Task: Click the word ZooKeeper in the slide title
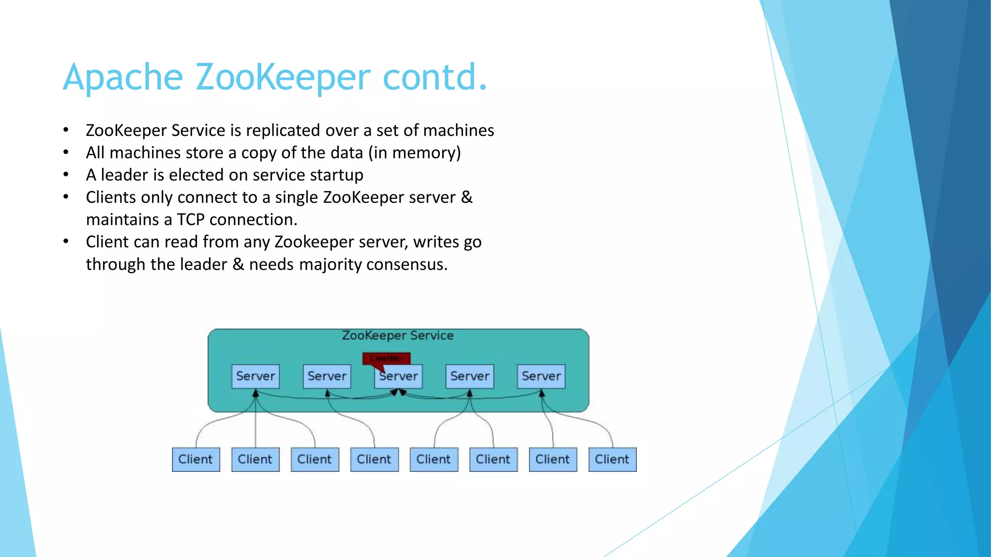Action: point(283,77)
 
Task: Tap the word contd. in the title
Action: point(435,77)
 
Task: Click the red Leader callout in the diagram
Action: point(386,358)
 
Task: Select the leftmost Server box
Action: point(255,376)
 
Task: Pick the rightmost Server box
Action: point(541,376)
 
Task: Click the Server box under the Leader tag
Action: point(399,377)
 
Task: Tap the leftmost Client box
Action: point(195,459)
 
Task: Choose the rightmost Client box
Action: point(612,459)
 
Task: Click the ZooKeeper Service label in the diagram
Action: point(398,336)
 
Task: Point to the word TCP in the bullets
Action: point(191,220)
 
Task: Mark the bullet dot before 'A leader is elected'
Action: point(66,175)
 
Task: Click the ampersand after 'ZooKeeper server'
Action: point(466,197)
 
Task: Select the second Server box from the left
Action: point(327,376)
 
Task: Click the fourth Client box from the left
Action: point(374,459)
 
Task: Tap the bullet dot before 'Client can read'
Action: point(66,241)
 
